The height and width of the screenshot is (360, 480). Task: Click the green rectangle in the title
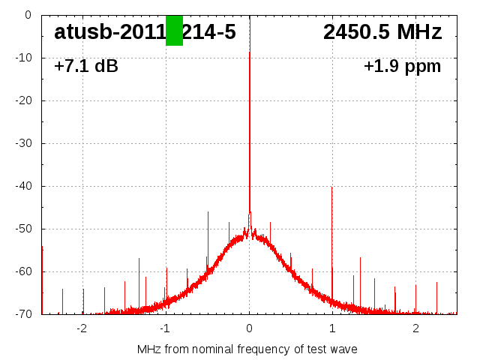174,31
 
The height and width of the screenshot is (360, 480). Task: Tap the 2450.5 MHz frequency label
382,32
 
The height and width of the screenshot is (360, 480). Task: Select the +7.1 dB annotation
86,67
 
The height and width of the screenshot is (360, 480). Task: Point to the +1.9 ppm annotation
402,67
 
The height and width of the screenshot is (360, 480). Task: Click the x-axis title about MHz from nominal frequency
247,349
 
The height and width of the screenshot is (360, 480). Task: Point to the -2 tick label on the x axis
82,328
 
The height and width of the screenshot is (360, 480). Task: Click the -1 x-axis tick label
165,328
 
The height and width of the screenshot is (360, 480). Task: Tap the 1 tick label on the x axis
332,328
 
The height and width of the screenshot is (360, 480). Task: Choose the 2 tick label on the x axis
415,328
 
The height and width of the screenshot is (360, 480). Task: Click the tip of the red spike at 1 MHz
331,188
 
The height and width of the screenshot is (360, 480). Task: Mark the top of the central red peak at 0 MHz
250,52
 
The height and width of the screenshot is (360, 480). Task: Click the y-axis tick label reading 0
27,15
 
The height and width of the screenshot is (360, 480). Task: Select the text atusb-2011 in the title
109,32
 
